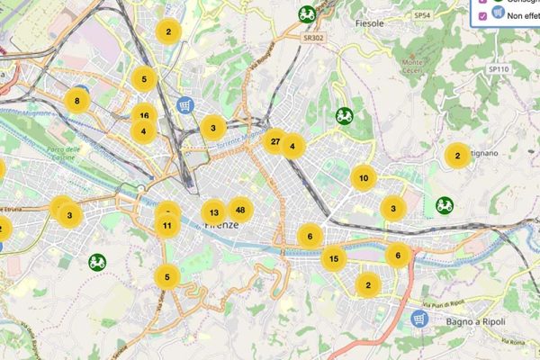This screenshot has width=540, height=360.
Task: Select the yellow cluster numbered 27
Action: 274,141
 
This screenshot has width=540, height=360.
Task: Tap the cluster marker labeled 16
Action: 144,115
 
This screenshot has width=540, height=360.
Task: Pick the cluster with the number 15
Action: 334,259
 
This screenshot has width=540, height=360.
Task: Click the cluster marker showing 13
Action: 213,213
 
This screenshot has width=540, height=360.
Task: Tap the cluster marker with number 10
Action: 364,178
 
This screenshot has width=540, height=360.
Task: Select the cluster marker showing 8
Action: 77,100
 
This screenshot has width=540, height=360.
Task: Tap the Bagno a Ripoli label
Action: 469,322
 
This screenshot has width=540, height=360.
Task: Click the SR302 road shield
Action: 313,39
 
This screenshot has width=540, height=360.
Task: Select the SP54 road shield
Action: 423,16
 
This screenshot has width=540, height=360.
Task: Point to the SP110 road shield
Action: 499,68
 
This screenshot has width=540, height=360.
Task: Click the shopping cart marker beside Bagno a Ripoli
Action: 418,318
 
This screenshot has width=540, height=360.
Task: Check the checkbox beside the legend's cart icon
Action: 483,15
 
